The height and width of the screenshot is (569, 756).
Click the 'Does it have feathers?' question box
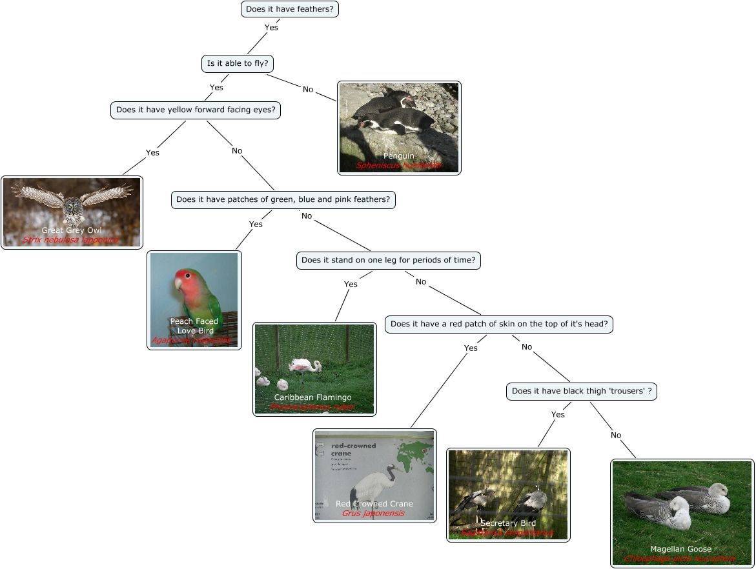click(x=289, y=9)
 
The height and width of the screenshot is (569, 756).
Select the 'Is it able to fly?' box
click(x=238, y=63)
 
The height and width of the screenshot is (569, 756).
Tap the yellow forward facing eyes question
click(x=196, y=110)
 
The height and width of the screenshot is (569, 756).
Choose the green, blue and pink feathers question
click(x=283, y=199)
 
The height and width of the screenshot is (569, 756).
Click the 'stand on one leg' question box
click(x=389, y=260)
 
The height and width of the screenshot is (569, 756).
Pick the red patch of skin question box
click(x=499, y=324)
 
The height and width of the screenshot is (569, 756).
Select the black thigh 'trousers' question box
click(x=582, y=391)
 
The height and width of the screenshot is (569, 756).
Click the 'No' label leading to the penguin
click(x=308, y=89)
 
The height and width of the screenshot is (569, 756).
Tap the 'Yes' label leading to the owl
click(x=152, y=152)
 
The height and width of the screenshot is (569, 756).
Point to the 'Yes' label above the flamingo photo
click(x=351, y=284)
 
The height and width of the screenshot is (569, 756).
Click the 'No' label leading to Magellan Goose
click(x=616, y=435)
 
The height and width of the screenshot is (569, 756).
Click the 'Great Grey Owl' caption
click(x=72, y=230)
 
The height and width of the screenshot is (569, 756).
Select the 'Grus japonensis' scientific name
click(x=373, y=514)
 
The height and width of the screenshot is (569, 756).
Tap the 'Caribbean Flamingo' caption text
click(x=313, y=397)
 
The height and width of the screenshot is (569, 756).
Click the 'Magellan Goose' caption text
click(x=680, y=549)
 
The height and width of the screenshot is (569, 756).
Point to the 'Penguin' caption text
click(x=399, y=155)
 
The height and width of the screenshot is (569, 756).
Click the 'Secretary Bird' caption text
click(x=508, y=523)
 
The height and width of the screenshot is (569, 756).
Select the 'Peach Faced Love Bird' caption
click(x=194, y=326)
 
